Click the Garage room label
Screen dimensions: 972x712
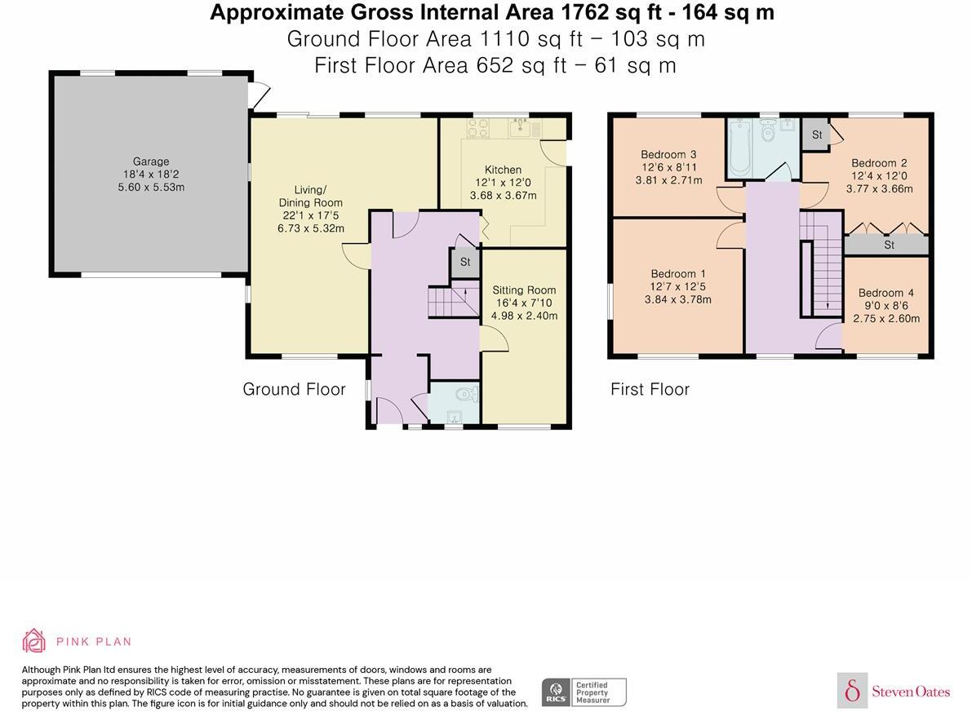pyautogui.click(x=151, y=161)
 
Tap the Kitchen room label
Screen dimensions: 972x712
pyautogui.click(x=503, y=169)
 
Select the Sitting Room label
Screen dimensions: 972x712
pyautogui.click(x=524, y=290)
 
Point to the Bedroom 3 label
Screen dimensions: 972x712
pyautogui.click(x=668, y=154)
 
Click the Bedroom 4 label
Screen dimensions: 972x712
pyautogui.click(x=885, y=293)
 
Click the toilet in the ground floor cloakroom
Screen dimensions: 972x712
pyautogui.click(x=467, y=393)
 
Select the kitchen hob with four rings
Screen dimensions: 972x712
pyautogui.click(x=477, y=128)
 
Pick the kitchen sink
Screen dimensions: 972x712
pyautogui.click(x=519, y=128)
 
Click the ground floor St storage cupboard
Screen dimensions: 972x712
pyautogui.click(x=465, y=262)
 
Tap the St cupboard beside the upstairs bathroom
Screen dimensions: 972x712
pyautogui.click(x=816, y=135)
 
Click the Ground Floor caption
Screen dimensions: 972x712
pyautogui.click(x=294, y=389)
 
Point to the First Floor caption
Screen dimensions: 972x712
pyautogui.click(x=650, y=389)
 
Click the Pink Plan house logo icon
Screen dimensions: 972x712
pyautogui.click(x=34, y=641)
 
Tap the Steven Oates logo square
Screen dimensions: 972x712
pyautogui.click(x=852, y=690)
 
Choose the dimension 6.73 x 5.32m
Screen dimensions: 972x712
pyautogui.click(x=311, y=228)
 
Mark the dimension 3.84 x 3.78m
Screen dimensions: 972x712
pyautogui.click(x=677, y=299)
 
